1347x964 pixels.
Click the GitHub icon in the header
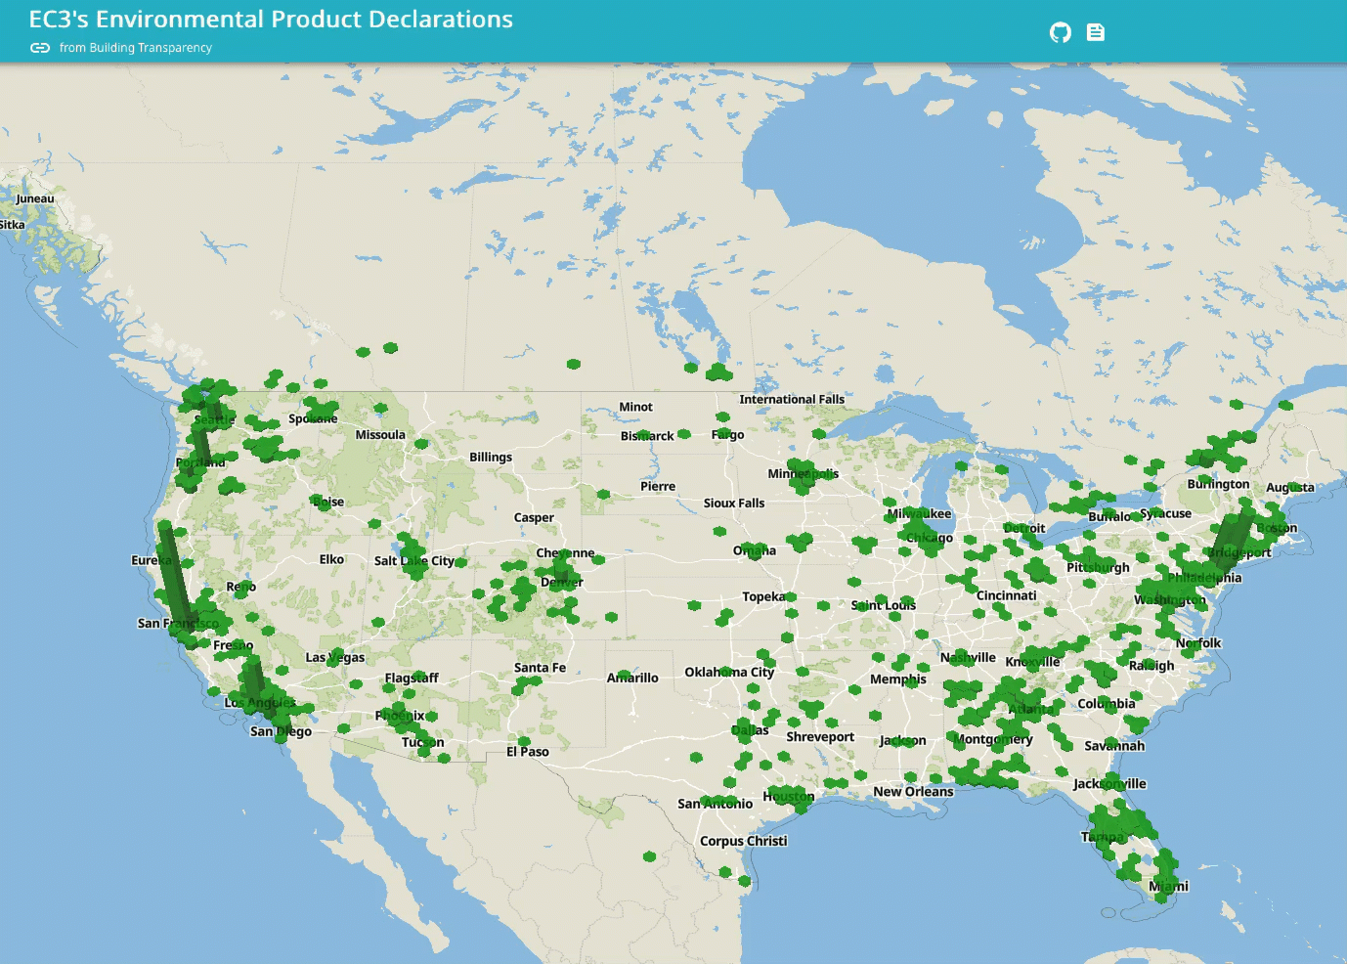click(1060, 32)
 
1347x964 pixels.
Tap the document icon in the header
click(1096, 32)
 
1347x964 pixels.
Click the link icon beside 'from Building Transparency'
click(40, 48)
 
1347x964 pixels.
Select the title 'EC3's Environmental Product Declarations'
click(271, 20)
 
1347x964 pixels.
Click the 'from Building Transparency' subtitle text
click(135, 48)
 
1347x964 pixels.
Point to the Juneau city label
click(35, 198)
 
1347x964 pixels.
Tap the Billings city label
click(491, 457)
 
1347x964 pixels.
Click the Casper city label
click(534, 517)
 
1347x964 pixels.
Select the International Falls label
click(792, 399)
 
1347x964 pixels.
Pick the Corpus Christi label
click(743, 841)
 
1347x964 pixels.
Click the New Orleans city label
click(913, 791)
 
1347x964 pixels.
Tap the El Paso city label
click(528, 752)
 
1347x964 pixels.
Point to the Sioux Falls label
click(734, 503)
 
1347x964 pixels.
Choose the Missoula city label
click(380, 434)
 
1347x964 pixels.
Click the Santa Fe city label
click(540, 668)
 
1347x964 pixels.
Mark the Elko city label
click(331, 559)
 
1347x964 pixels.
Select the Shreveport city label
click(820, 736)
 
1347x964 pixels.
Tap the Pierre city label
click(658, 486)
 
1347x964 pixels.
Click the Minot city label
click(635, 407)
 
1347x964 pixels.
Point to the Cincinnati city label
click(1007, 595)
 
